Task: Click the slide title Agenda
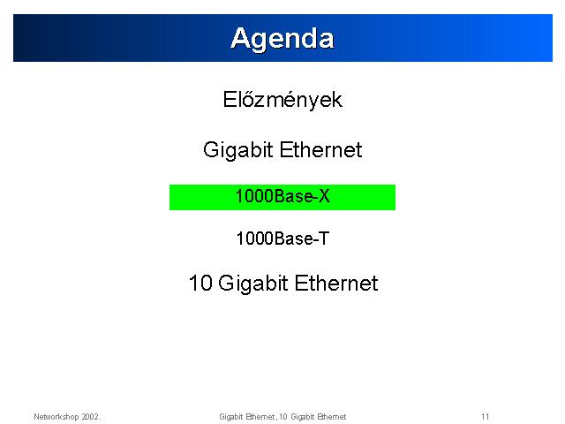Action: pyautogui.click(x=282, y=39)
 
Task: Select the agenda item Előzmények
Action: pyautogui.click(x=282, y=100)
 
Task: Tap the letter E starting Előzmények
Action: pyautogui.click(x=230, y=100)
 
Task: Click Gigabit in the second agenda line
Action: pyautogui.click(x=237, y=150)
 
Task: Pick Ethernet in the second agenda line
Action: pyautogui.click(x=320, y=149)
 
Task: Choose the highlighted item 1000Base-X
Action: pyautogui.click(x=282, y=196)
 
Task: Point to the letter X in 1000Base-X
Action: pyautogui.click(x=324, y=196)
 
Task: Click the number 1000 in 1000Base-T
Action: pyautogui.click(x=255, y=238)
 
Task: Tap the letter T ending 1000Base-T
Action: pyautogui.click(x=324, y=238)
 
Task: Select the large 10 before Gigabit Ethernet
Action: pyautogui.click(x=200, y=283)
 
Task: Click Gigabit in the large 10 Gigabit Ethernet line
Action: pyautogui.click(x=253, y=284)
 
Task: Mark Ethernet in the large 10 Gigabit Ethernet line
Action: pyautogui.click(x=336, y=283)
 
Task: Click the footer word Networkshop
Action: pyautogui.click(x=56, y=417)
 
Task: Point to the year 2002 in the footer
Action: pyautogui.click(x=90, y=417)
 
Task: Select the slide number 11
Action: pyautogui.click(x=485, y=417)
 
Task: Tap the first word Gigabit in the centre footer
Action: pyautogui.click(x=231, y=417)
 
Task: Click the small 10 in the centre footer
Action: pyautogui.click(x=283, y=417)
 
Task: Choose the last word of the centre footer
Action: pyautogui.click(x=332, y=417)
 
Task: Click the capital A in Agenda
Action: pyautogui.click(x=240, y=38)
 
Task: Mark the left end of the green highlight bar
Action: pyautogui.click(x=169, y=197)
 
